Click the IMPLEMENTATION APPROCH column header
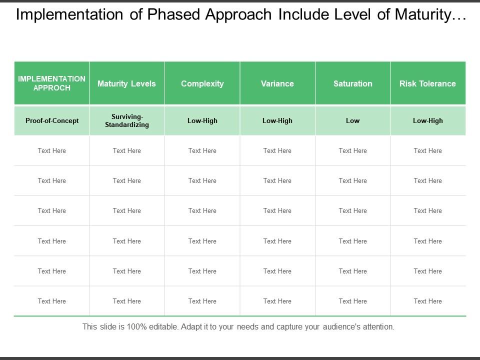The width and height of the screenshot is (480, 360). pyautogui.click(x=51, y=83)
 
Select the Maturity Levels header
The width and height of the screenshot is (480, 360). pyautogui.click(x=126, y=83)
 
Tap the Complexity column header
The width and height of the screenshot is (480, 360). pyautogui.click(x=202, y=83)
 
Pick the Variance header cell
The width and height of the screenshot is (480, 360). pyautogui.click(x=277, y=83)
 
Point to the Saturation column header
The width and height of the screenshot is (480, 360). pyautogui.click(x=353, y=83)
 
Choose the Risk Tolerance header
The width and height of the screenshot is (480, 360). pyautogui.click(x=427, y=83)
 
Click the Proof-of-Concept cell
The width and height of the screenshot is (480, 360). pyautogui.click(x=52, y=120)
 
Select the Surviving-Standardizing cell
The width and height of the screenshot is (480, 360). pyautogui.click(x=127, y=120)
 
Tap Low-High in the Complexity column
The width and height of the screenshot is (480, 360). pyautogui.click(x=202, y=120)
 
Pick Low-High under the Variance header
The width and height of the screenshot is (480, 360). pyautogui.click(x=277, y=120)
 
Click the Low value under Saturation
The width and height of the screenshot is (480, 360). pyautogui.click(x=352, y=120)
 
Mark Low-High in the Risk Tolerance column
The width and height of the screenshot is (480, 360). pyautogui.click(x=427, y=120)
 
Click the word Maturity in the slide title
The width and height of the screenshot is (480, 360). pyautogui.click(x=423, y=14)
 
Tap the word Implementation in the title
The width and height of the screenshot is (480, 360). pyautogui.click(x=69, y=14)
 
